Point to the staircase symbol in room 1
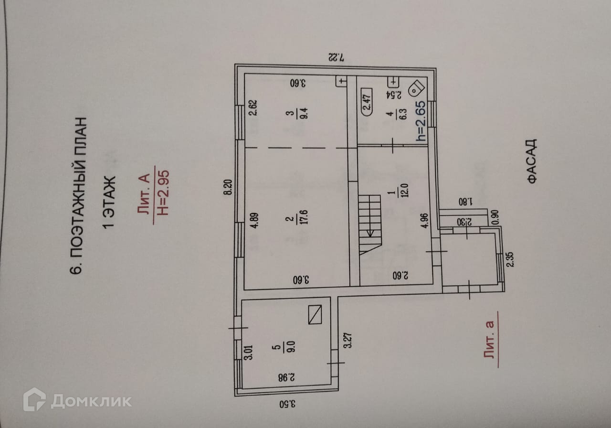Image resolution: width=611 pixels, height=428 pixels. tap(370, 225)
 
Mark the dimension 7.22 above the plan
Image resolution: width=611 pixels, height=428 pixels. tap(336, 56)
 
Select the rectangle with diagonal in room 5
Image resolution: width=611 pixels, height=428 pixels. tap(315, 314)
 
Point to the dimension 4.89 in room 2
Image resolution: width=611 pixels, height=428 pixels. tap(253, 223)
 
